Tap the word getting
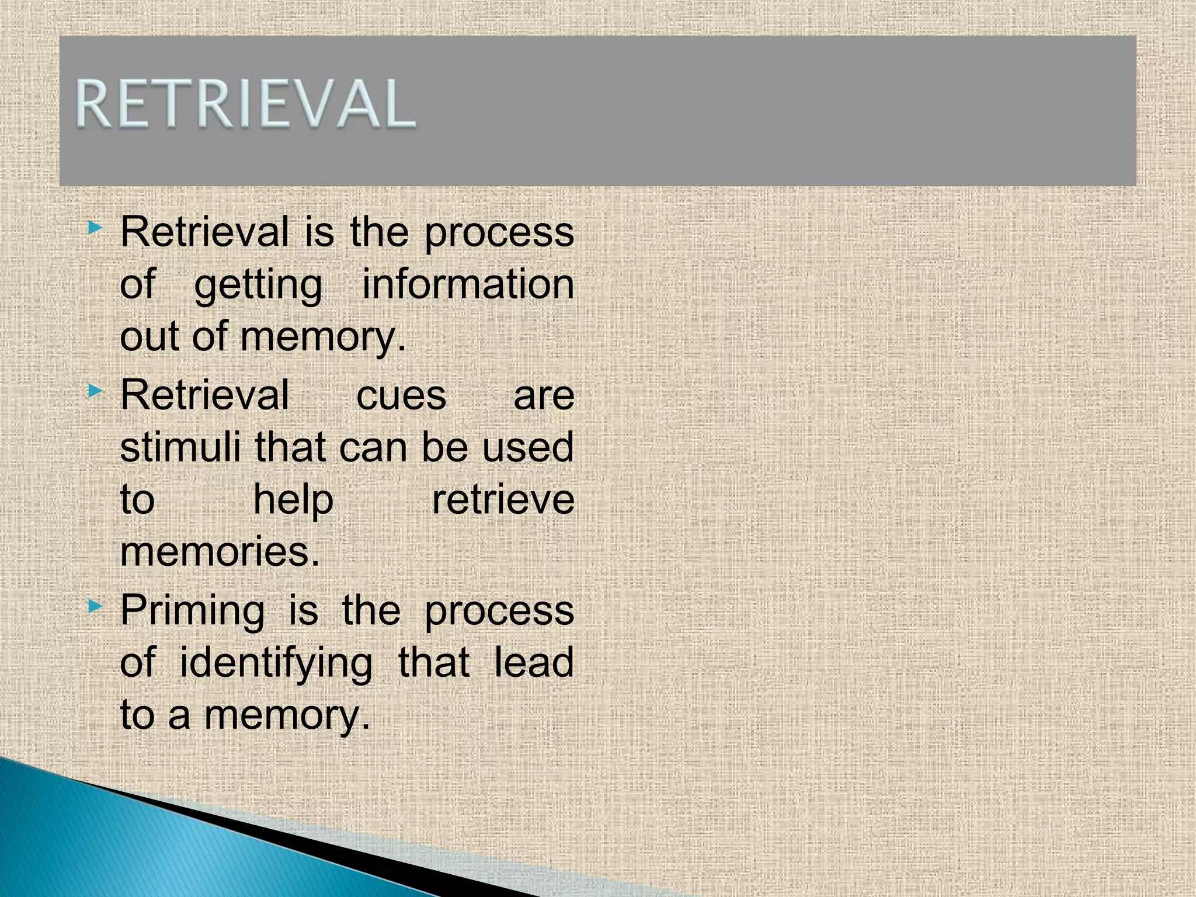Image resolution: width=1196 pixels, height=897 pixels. point(258,286)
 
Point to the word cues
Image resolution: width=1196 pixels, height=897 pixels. point(401,396)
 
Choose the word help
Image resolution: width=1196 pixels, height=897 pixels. point(293,501)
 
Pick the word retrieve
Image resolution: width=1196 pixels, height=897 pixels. point(503,500)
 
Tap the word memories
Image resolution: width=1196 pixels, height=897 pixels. point(220,552)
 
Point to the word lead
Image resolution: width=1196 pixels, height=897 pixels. point(534,663)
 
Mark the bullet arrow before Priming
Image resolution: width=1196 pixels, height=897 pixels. point(95,607)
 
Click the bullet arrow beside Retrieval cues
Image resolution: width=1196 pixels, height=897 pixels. point(95,392)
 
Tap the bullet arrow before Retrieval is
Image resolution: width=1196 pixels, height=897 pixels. point(95,228)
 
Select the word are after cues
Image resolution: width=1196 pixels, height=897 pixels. point(544,396)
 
